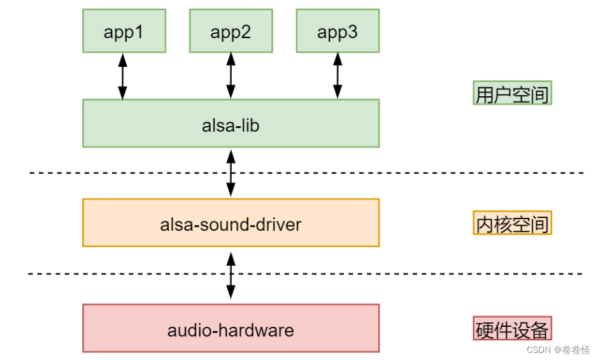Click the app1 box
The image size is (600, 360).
(x=124, y=31)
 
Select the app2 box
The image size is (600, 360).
(x=231, y=31)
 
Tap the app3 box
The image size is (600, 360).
(x=338, y=31)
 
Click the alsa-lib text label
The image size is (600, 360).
(x=231, y=125)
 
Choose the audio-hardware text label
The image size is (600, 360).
(x=231, y=330)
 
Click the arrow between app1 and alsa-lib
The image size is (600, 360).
(x=123, y=76)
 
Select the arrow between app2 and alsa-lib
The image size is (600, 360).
(x=231, y=76)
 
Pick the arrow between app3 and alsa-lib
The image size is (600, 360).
(x=338, y=76)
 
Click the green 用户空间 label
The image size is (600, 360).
(x=512, y=93)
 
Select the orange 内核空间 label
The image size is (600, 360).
(x=512, y=223)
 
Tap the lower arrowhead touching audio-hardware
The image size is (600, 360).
(x=231, y=294)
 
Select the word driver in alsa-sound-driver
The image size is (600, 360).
(x=278, y=224)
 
